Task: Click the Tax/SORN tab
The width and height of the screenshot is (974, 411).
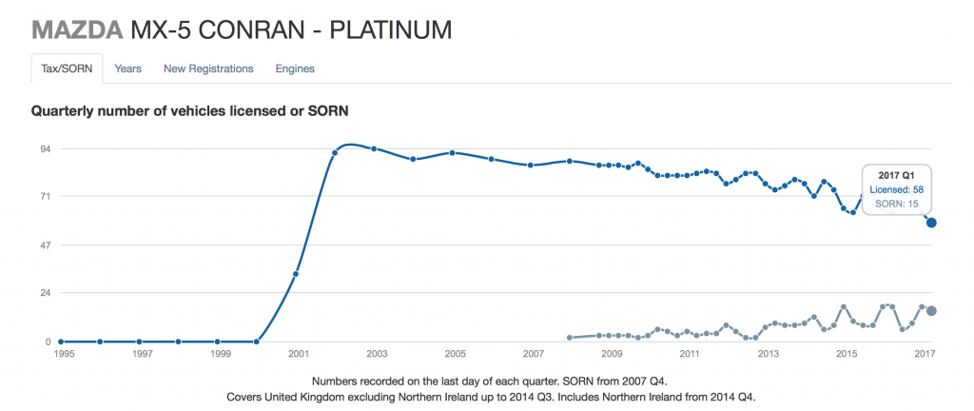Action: click(x=63, y=68)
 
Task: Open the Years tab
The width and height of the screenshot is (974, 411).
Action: click(x=128, y=68)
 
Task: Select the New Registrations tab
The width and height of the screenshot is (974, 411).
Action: click(x=208, y=68)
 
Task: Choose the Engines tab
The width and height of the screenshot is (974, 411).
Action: click(x=295, y=68)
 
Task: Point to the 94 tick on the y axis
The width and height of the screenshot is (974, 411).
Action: click(x=45, y=148)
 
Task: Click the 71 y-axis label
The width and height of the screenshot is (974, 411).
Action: click(x=45, y=197)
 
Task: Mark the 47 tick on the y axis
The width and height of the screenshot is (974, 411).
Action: click(x=45, y=245)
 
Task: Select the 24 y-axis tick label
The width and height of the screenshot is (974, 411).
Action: click(x=45, y=293)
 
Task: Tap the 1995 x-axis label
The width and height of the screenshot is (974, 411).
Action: click(x=63, y=354)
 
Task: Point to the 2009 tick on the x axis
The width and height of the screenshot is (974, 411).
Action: click(x=612, y=354)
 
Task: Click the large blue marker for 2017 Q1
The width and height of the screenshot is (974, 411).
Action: click(x=932, y=223)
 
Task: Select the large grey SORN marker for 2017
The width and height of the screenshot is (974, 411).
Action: click(x=932, y=311)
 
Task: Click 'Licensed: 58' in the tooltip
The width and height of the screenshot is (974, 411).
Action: click(x=896, y=190)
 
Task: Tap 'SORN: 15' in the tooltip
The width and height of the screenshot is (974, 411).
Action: click(x=896, y=204)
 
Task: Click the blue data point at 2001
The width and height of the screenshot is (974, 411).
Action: click(x=296, y=274)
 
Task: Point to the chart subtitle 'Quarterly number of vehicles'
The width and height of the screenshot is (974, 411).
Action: click(x=190, y=111)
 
